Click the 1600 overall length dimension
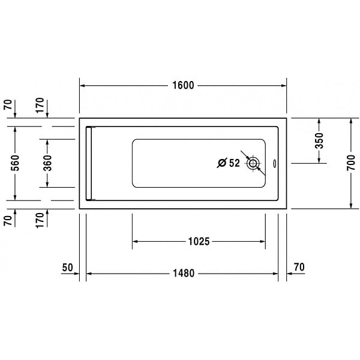(x=183, y=85)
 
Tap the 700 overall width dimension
(x=350, y=163)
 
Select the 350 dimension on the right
(x=319, y=140)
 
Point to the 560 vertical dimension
(x=15, y=163)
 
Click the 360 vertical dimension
(x=47, y=163)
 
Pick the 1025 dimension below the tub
(x=199, y=242)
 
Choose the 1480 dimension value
(x=184, y=274)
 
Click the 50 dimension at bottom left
(x=67, y=268)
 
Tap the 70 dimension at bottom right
(x=299, y=267)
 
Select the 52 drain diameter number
(x=235, y=163)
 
